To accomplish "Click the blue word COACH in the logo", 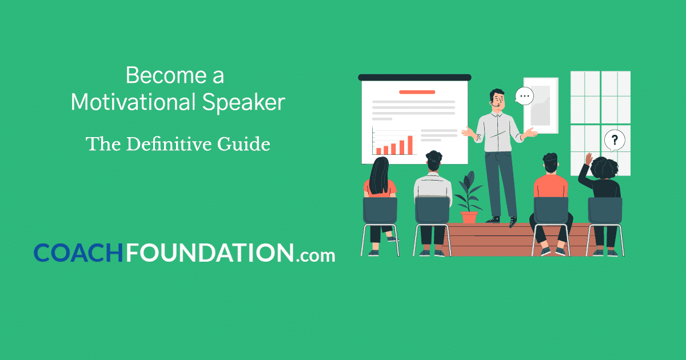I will click(78, 253).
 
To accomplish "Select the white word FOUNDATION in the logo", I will click(210, 253).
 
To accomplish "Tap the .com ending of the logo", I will click(316, 255).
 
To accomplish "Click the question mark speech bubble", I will click(615, 139).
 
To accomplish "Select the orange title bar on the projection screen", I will click(417, 91).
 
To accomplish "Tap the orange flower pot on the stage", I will click(469, 217).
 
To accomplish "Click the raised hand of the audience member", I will click(588, 159).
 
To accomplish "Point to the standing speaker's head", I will click(496, 99).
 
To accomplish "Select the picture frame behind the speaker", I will click(541, 105).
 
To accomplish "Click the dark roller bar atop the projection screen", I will click(414, 77).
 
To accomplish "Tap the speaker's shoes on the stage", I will click(502, 220).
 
